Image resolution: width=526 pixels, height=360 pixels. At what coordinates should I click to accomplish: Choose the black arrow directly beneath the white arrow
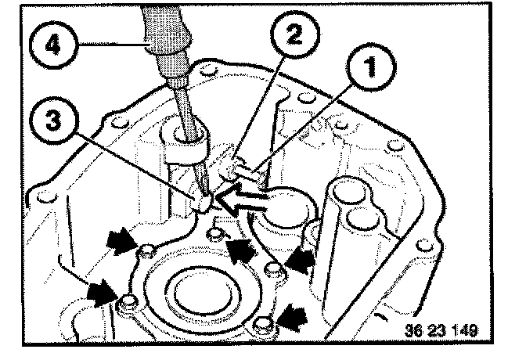[x=240, y=248]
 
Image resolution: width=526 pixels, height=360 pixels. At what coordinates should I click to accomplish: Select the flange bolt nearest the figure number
[x=264, y=323]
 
